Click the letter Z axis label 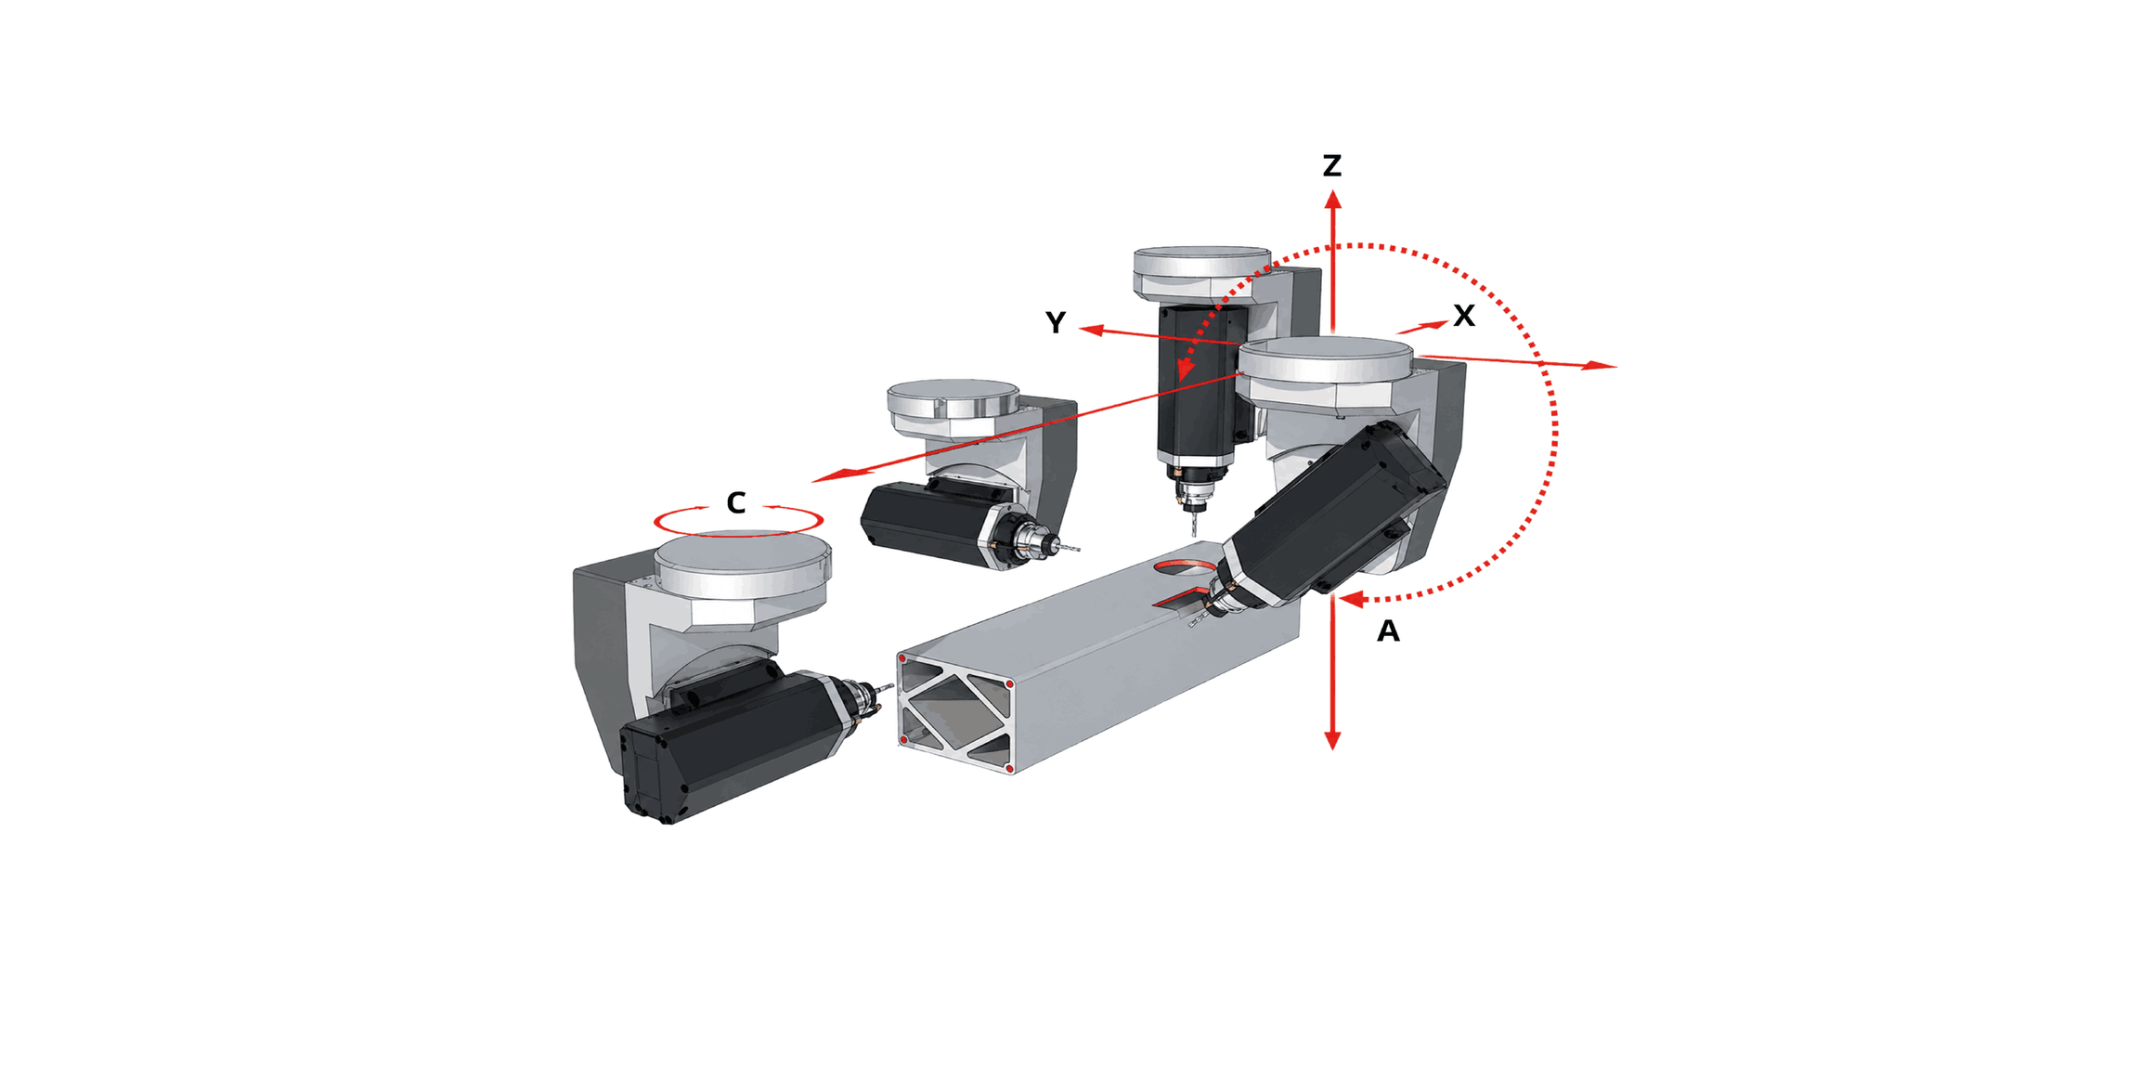1332,165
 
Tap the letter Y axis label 1056,322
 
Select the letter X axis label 1464,316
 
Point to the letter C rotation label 736,502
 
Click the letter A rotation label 1388,631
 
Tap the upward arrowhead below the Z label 1332,199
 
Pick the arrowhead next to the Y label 1091,330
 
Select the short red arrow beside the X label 1421,327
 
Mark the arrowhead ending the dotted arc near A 1351,599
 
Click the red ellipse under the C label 738,521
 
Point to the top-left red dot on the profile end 901,658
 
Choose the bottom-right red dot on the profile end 1009,769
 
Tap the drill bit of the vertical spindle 1193,525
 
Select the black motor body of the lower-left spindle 733,743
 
